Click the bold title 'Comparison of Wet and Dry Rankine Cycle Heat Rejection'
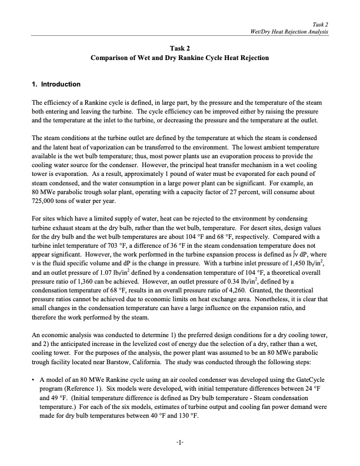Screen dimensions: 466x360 click(179, 58)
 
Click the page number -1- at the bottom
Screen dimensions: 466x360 click(179, 442)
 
